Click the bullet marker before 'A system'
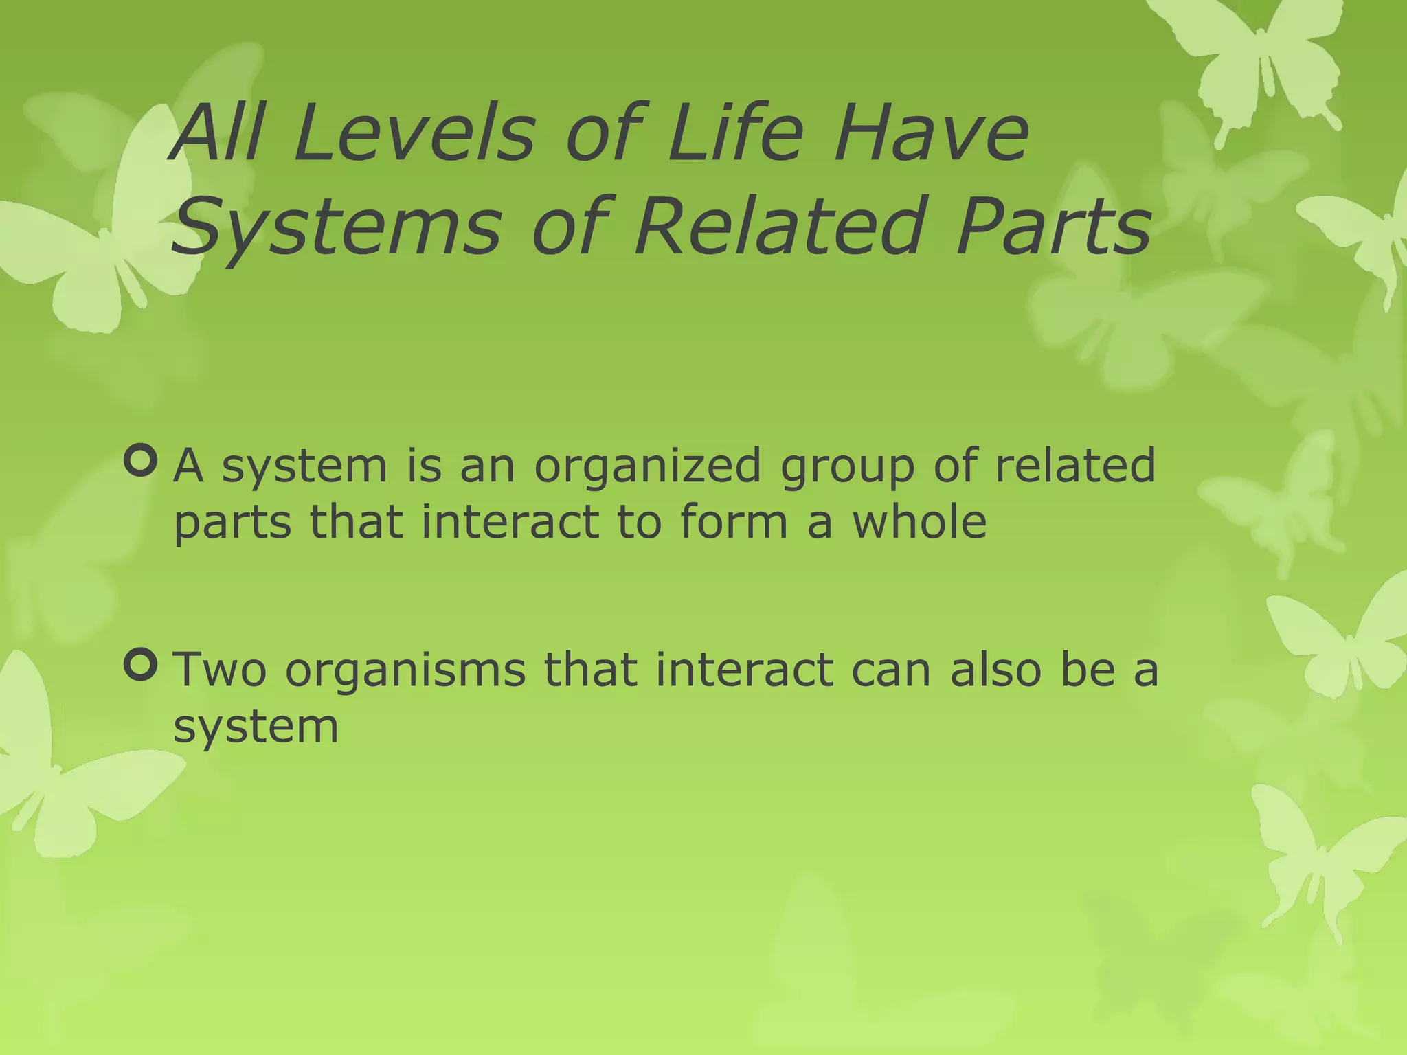pyautogui.click(x=142, y=462)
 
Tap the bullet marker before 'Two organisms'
pyautogui.click(x=142, y=665)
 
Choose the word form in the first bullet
pyautogui.click(x=734, y=521)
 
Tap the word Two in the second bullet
pyautogui.click(x=219, y=670)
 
